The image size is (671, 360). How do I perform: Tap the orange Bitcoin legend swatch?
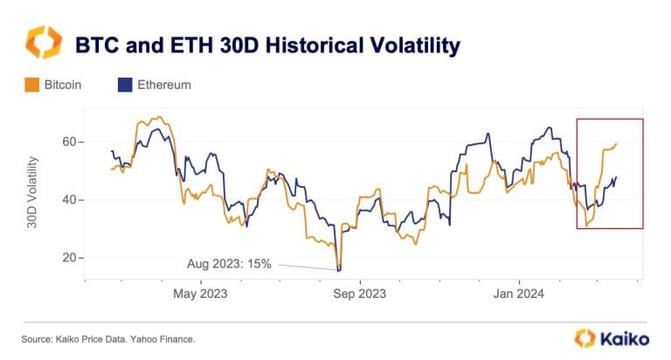click(x=30, y=86)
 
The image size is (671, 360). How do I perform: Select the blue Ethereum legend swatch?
click(x=123, y=86)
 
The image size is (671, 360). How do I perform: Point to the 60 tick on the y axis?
click(x=69, y=142)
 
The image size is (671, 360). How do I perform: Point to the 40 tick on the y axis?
click(x=69, y=200)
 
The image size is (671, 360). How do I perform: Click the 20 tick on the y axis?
click(x=69, y=258)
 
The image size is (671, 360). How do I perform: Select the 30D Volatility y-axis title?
click(x=32, y=193)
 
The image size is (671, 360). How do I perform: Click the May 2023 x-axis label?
click(x=200, y=294)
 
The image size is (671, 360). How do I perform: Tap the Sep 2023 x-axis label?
click(x=359, y=294)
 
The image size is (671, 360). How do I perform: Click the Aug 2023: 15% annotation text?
click(x=228, y=262)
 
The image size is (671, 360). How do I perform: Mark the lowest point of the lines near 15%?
click(x=338, y=270)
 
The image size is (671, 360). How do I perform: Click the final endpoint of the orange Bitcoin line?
click(x=617, y=144)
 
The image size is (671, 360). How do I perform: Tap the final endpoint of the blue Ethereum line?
click(x=617, y=177)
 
